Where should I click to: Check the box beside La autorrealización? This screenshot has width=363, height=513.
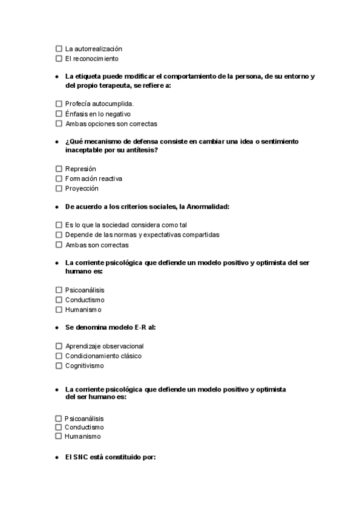(59, 48)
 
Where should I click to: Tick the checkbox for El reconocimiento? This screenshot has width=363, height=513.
(59, 59)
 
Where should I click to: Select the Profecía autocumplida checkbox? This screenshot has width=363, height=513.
(59, 104)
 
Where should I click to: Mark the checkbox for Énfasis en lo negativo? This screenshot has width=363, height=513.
(59, 114)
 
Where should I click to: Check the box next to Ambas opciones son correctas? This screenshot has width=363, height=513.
(59, 124)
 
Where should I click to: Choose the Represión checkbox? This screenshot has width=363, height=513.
(59, 169)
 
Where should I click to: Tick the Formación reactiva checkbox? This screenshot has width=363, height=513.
(59, 179)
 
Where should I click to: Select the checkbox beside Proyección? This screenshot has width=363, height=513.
(59, 189)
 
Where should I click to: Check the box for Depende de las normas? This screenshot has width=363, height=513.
(59, 235)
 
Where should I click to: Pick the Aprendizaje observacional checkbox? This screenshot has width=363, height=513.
(59, 346)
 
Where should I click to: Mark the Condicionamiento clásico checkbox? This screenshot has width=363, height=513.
(59, 356)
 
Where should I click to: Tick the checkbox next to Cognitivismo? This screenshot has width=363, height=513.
(59, 366)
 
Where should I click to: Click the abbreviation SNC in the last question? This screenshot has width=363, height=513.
(80, 457)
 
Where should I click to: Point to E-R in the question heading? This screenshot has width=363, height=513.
(141, 327)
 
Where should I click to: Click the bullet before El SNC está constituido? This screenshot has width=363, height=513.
(56, 458)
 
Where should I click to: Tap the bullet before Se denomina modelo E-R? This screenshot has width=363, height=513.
(56, 328)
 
